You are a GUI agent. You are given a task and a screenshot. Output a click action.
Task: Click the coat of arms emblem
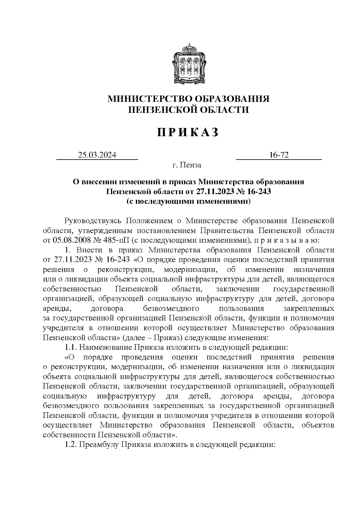point(188,63)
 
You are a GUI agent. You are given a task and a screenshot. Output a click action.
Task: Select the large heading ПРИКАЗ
point(188,132)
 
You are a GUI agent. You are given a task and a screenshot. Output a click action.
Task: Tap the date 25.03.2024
point(97,155)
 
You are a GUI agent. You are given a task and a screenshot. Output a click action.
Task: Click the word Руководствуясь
point(93,221)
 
